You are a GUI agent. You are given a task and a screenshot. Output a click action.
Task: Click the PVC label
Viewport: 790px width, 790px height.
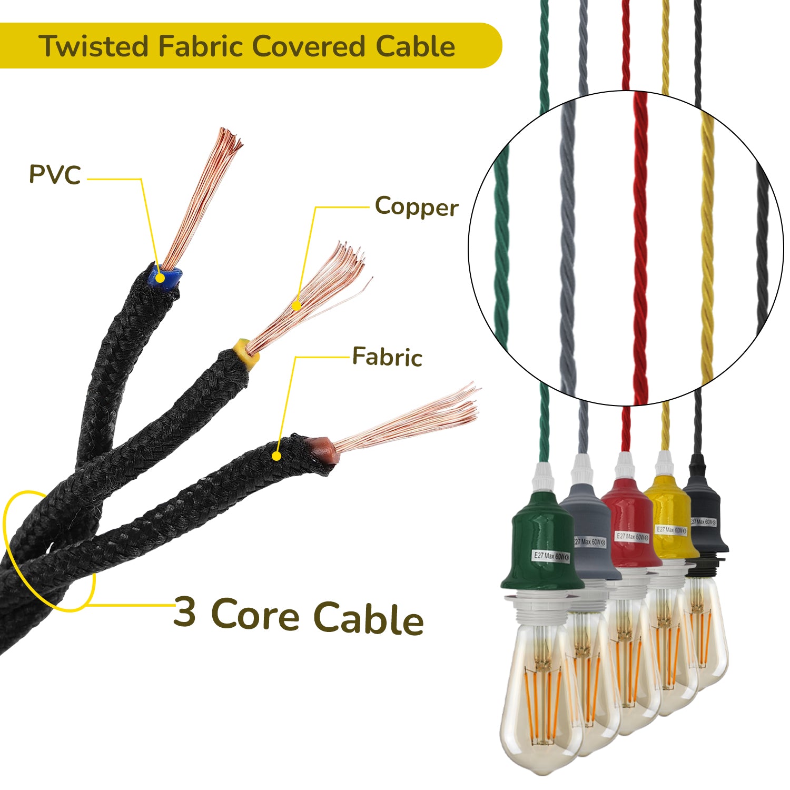(55, 174)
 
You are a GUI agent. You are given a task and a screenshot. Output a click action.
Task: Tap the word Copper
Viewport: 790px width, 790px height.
(416, 206)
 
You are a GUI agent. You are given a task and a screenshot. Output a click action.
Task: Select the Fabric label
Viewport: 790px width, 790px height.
(387, 357)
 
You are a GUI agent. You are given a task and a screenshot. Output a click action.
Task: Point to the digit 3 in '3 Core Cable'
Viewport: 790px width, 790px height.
(184, 611)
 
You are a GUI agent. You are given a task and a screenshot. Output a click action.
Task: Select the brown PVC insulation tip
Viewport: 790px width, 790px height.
(322, 449)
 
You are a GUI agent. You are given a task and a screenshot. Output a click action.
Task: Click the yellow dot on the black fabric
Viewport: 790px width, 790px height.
(276, 456)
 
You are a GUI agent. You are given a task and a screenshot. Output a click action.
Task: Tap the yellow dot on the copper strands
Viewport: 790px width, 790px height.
(297, 305)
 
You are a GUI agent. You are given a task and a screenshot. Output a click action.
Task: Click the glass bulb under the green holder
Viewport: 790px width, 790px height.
(540, 695)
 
